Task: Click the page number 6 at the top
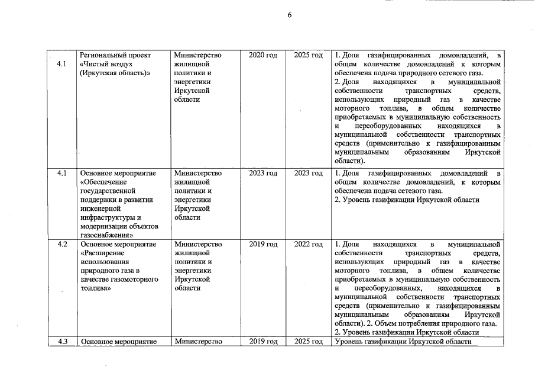pos(290,16)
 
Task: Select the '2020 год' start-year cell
pos(263,55)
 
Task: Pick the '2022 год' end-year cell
pos(308,244)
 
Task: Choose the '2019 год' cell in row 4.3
pos(263,342)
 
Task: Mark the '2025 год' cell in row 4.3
pos(308,342)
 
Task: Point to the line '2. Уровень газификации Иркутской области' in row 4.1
pos(406,200)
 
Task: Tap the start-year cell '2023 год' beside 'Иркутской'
pos(263,174)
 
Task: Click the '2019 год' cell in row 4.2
pos(263,244)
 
